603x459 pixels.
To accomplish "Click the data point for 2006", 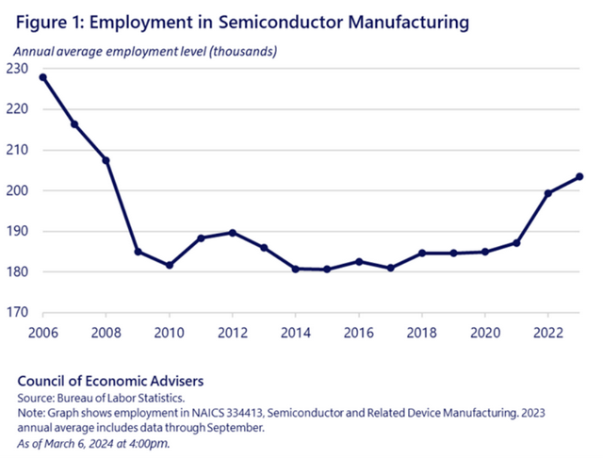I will pos(42,77).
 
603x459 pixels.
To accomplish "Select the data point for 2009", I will pos(138,252).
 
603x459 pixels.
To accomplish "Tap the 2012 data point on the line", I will pos(233,233).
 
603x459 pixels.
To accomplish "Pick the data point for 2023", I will pos(579,176).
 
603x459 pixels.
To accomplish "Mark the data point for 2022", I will pos(548,193).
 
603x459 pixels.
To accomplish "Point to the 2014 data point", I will pos(296,269).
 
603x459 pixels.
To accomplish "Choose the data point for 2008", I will pos(106,160).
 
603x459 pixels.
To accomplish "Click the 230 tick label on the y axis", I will pos(18,69).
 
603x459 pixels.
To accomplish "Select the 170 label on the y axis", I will pos(18,313).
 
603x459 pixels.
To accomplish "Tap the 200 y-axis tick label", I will pos(18,190).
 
